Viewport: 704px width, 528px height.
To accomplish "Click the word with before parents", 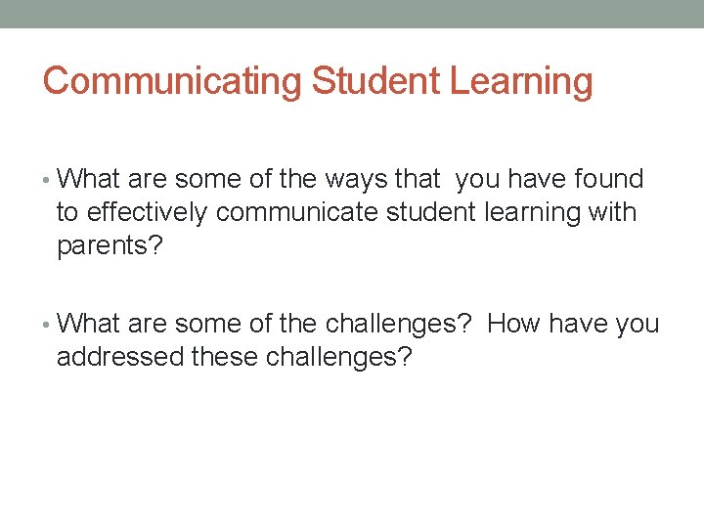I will click(x=613, y=212).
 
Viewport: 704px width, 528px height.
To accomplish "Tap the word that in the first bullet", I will click(x=418, y=179).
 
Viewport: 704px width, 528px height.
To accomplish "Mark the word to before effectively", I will click(x=67, y=213).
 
